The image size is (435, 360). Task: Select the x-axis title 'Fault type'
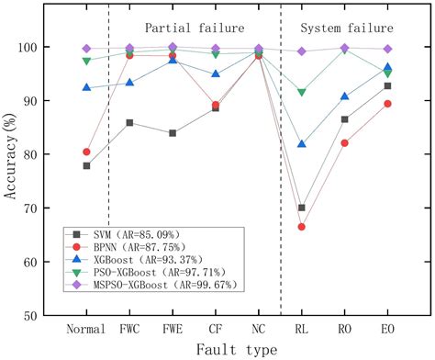[237, 349]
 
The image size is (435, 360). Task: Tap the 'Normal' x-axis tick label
[86, 328]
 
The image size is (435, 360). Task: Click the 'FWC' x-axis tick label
[129, 328]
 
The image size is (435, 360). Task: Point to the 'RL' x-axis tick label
[301, 328]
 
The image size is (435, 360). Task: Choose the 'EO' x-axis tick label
[387, 328]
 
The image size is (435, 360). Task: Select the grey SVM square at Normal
[86, 166]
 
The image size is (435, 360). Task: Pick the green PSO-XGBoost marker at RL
[301, 92]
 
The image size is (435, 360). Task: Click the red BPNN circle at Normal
[86, 152]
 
